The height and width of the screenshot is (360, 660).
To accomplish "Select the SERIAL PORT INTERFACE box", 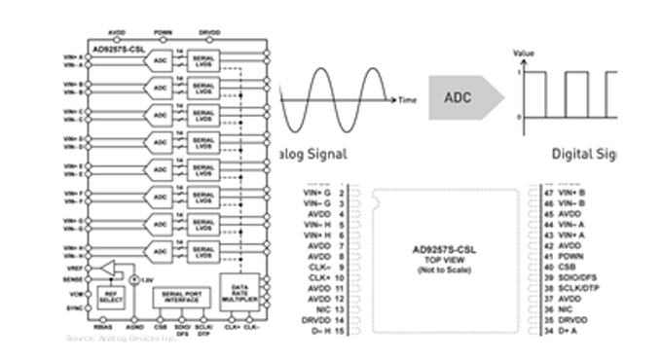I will point(180,296).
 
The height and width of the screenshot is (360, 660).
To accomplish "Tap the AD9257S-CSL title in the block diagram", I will point(114,46).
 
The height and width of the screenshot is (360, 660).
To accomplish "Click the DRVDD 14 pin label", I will point(322,320).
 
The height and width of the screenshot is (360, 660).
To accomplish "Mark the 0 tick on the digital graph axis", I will point(518,118).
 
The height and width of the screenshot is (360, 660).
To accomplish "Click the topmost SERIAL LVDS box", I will point(204,61).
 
